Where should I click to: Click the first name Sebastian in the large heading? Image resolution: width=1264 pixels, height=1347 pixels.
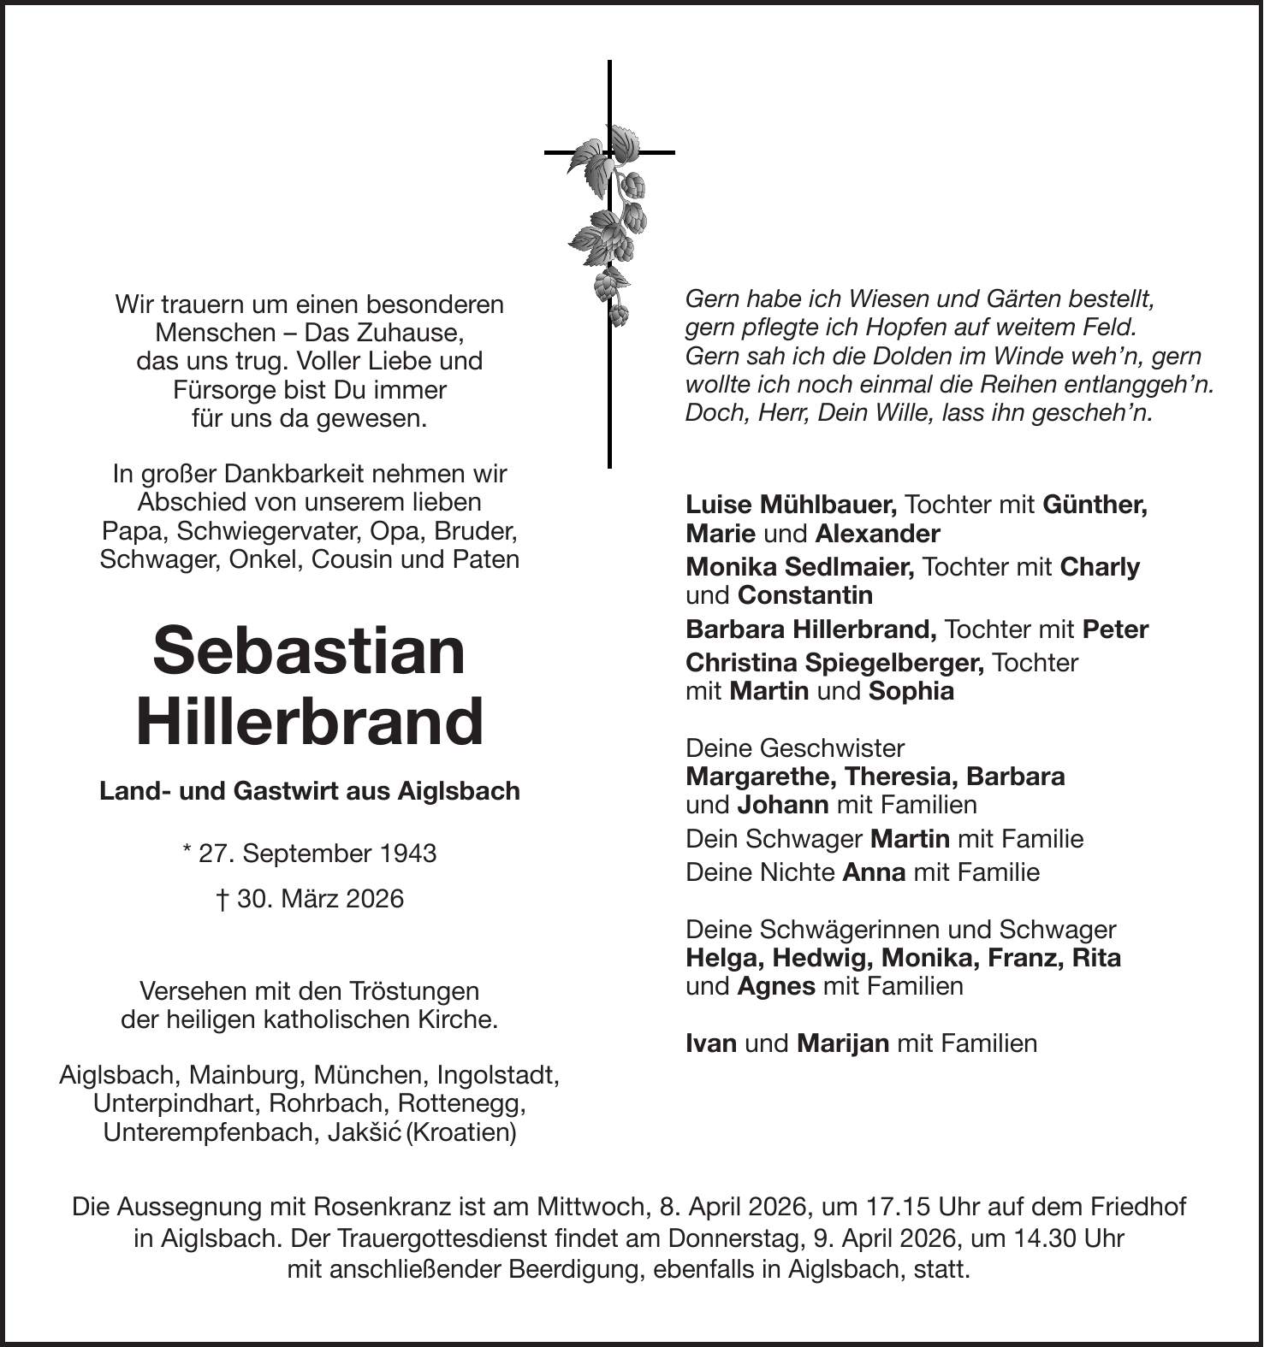click(309, 651)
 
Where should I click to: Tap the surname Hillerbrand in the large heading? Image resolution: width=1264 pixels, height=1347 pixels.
click(309, 721)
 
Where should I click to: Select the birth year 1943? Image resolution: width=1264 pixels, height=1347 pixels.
click(408, 853)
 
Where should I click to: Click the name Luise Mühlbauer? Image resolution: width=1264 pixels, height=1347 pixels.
click(791, 505)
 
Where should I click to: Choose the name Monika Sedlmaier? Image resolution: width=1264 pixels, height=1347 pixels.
click(799, 567)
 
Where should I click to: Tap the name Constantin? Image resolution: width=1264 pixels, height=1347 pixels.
click(805, 595)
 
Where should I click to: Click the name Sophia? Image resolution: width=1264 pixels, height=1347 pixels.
click(911, 691)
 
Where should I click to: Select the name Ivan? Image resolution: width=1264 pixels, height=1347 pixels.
click(711, 1043)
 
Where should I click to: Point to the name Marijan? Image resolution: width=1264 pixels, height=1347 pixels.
click(842, 1043)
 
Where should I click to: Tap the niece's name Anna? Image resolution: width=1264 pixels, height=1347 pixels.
click(874, 872)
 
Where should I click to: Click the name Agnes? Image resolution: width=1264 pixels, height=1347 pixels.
click(776, 986)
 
